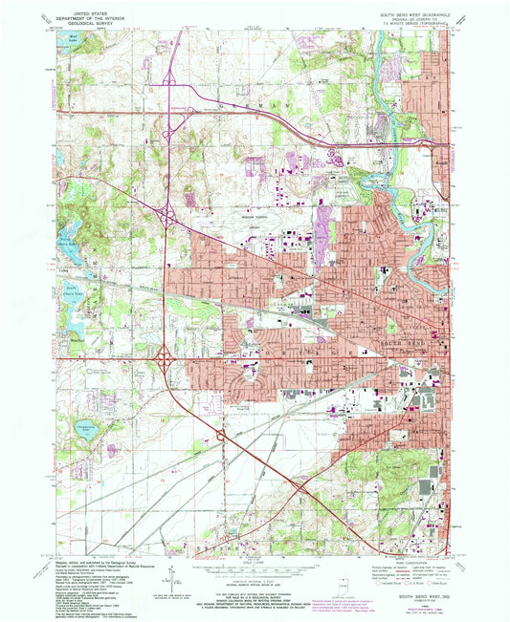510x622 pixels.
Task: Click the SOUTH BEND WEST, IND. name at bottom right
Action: tap(424, 595)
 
